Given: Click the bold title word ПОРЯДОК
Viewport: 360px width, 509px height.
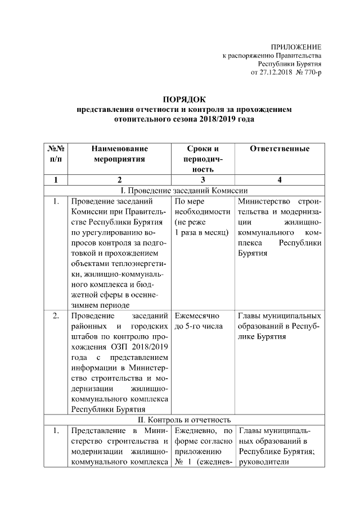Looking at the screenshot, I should (x=184, y=100).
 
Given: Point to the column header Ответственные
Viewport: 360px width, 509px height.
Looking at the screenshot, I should (x=280, y=149).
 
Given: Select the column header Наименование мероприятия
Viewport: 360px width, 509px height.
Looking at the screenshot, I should (x=118, y=154).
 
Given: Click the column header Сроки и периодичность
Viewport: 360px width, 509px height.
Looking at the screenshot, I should (x=202, y=159).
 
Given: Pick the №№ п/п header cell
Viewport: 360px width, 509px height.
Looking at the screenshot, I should (x=55, y=154).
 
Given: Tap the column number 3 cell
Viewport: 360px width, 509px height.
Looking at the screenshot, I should (x=202, y=180).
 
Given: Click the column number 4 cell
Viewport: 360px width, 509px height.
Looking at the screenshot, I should (x=280, y=180).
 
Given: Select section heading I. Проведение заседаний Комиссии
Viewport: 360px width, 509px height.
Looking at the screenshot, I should (x=184, y=190).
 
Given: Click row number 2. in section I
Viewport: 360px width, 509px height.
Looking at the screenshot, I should (x=55, y=316).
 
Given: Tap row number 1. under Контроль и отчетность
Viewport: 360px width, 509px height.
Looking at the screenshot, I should (x=55, y=431).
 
